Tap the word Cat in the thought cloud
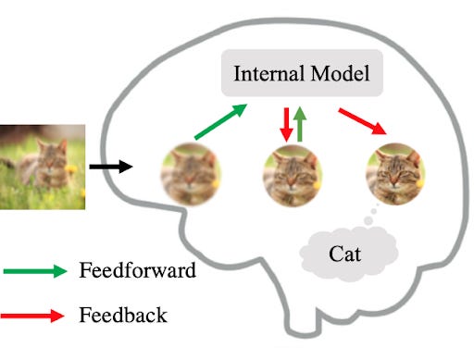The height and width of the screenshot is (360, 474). (x=347, y=251)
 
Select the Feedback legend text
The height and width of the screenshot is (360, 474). (x=123, y=315)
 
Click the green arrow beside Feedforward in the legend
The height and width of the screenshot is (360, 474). (x=36, y=271)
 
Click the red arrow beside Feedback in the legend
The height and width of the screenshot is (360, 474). (x=36, y=316)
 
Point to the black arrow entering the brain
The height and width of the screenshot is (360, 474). (x=111, y=168)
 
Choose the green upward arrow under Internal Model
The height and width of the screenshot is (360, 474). (x=301, y=123)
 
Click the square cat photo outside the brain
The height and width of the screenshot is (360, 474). (x=43, y=167)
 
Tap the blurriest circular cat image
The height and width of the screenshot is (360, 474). (x=192, y=173)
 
